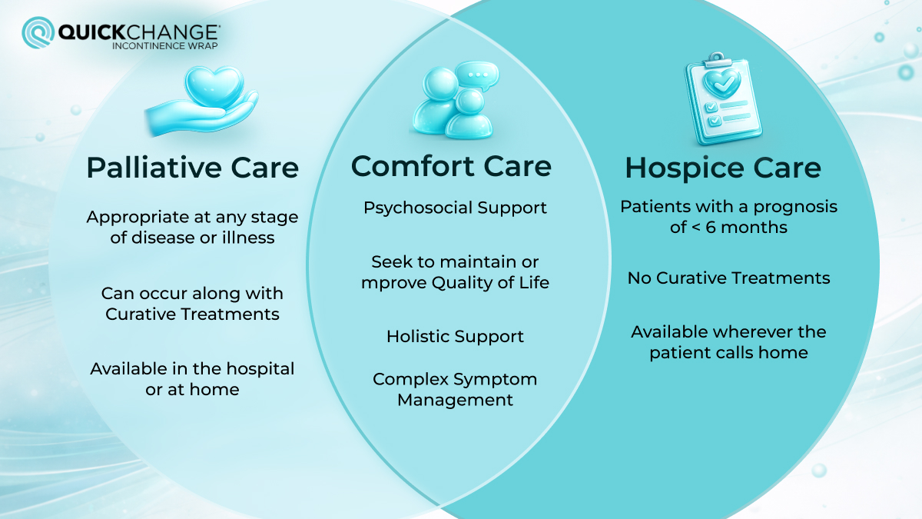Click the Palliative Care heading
click(192, 168)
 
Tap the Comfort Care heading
click(451, 166)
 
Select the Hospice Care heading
click(723, 168)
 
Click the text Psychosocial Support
click(456, 208)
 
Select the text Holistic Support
click(455, 337)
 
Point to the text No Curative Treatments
click(728, 278)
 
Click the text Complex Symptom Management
click(455, 389)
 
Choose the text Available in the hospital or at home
click(192, 379)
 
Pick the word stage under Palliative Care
click(276, 218)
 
